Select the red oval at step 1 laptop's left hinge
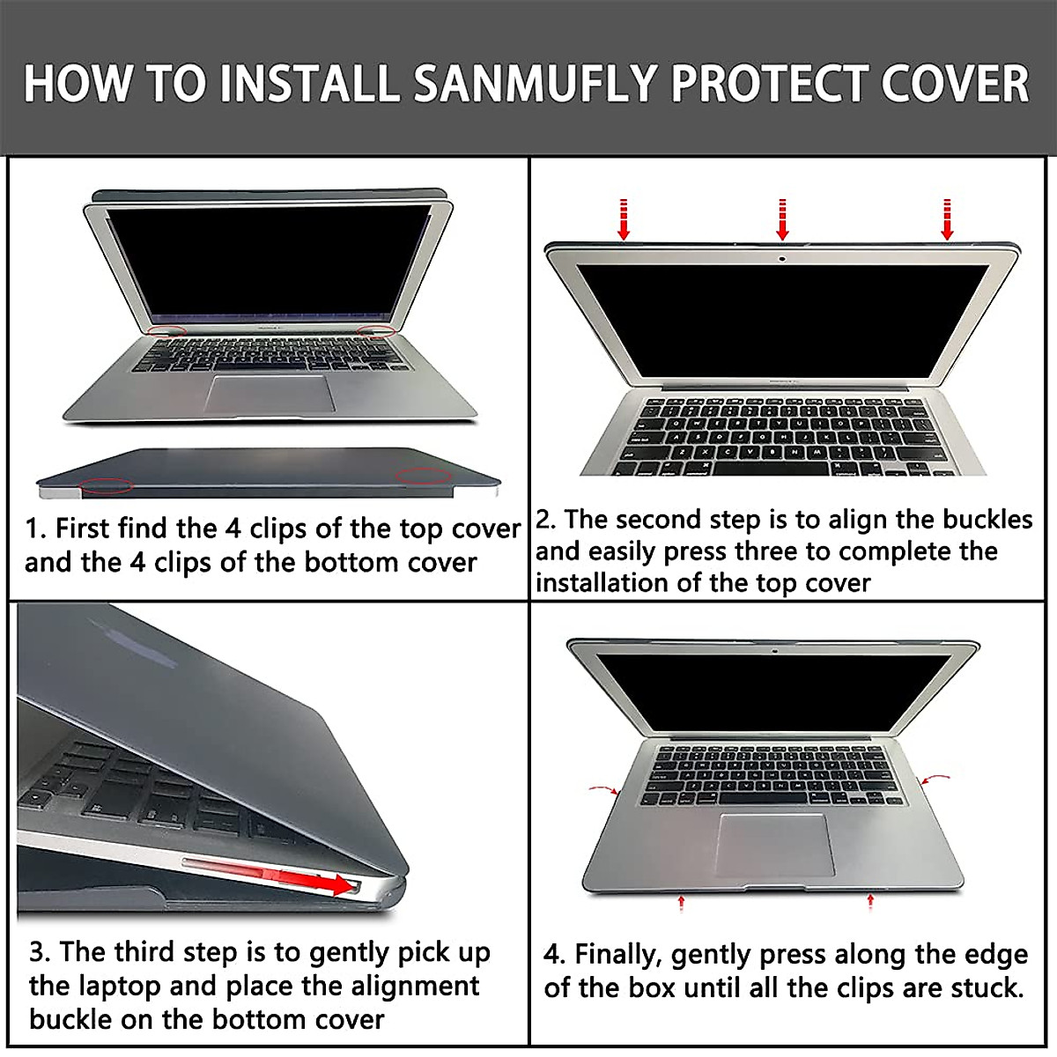pyautogui.click(x=166, y=330)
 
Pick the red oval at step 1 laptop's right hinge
pyautogui.click(x=377, y=330)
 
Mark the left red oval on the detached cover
pyautogui.click(x=106, y=484)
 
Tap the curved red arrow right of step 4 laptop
pyautogui.click(x=934, y=779)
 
